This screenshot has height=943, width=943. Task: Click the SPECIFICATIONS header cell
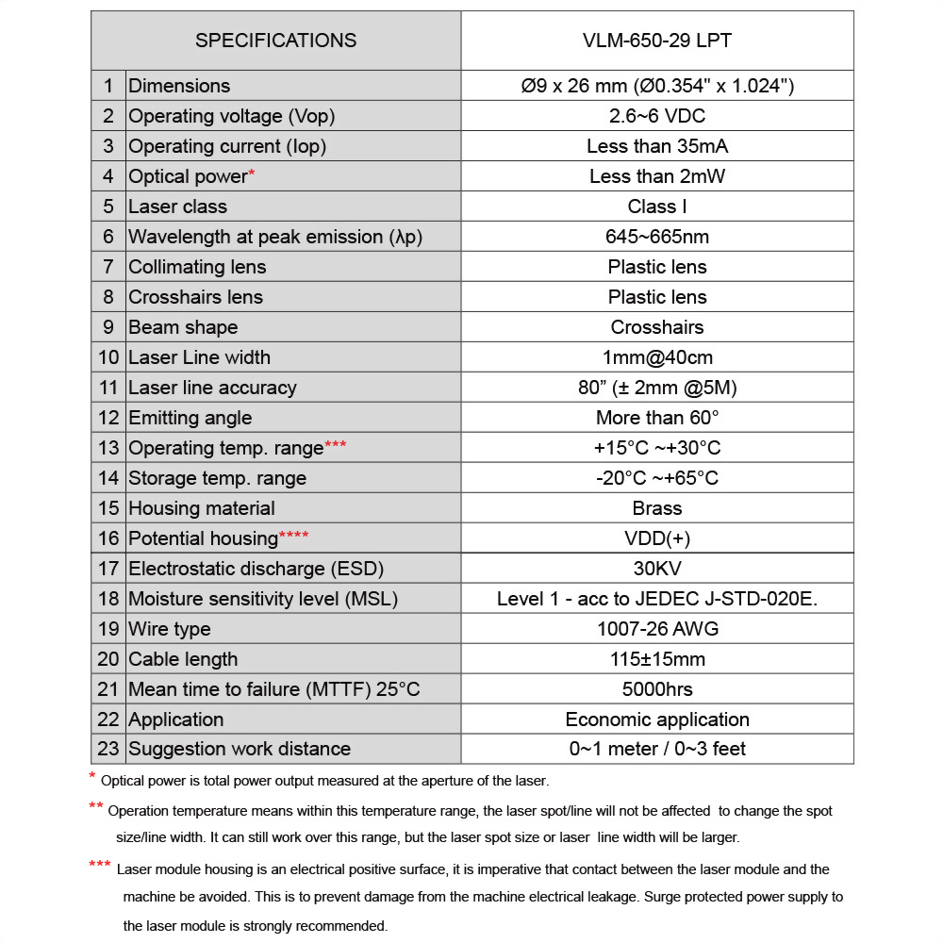275,41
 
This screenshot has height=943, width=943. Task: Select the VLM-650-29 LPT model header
657,41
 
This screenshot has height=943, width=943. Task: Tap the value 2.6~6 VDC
657,116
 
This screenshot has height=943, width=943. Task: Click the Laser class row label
177,207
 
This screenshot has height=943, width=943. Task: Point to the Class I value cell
657,207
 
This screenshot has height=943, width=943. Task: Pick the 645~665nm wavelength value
657,237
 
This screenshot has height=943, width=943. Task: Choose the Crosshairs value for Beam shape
657,327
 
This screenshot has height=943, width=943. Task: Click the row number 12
108,418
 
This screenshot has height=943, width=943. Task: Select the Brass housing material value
657,508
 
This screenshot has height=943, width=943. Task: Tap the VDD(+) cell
657,538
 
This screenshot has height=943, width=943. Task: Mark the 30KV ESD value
657,569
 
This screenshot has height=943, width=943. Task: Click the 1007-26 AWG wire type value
657,629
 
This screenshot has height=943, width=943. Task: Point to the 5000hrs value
657,689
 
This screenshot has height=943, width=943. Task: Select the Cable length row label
183,659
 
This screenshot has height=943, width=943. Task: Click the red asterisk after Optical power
252,174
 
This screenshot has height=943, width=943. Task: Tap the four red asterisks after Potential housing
293,537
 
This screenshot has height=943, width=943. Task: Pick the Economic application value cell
657,720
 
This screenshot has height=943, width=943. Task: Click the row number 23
108,749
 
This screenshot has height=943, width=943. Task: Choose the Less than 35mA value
657,146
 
